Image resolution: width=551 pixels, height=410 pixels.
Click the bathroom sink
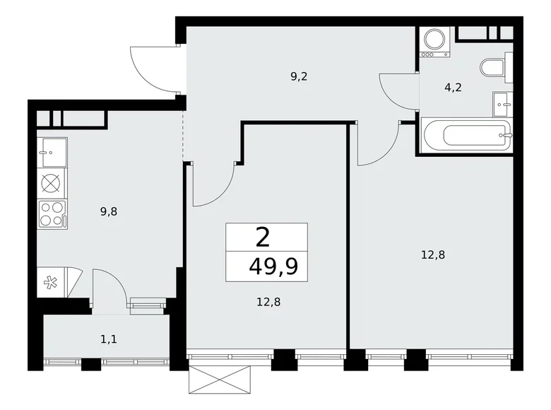coord(503,104)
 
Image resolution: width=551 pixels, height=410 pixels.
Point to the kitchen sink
coord(52,152)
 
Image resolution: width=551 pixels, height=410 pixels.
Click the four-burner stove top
coord(52,214)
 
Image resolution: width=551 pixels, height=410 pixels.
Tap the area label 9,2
coord(299,76)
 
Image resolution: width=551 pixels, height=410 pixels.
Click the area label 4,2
coord(453,87)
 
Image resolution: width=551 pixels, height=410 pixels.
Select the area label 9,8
coord(109,211)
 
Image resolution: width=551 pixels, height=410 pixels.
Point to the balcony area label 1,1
coord(109,339)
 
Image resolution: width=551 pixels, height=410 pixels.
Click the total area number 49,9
coord(273,266)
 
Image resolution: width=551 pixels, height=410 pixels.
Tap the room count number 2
coord(263,238)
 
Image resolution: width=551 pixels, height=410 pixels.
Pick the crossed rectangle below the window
coord(220,380)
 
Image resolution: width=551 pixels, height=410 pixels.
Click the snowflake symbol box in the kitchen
coord(50,283)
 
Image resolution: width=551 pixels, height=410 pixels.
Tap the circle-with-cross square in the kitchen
coord(51,183)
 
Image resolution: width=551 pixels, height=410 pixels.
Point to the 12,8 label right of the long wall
coord(433,254)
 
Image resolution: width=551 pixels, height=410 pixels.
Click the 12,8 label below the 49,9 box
coord(268,302)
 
